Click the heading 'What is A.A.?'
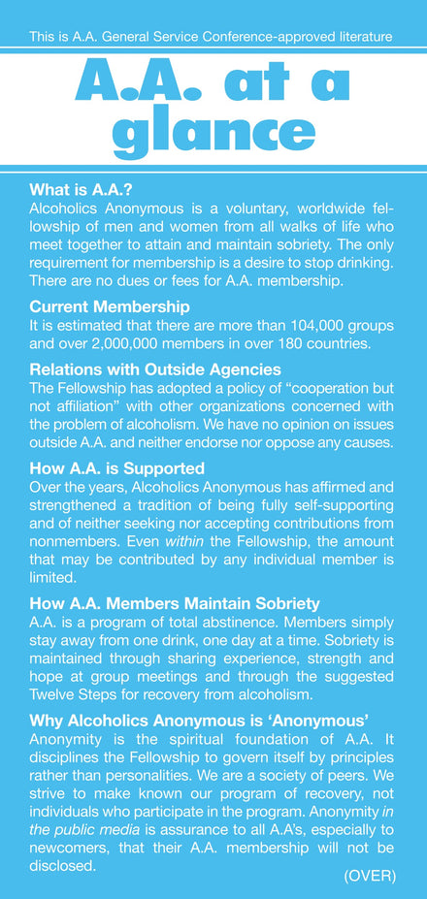[x=80, y=190]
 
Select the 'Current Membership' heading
[x=109, y=307]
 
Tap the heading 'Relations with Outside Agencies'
[x=155, y=369]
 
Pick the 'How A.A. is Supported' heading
[x=117, y=468]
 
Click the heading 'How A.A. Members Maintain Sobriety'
[x=175, y=604]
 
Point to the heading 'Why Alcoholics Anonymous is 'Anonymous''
[x=198, y=721]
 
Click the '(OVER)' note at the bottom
[x=370, y=876]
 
